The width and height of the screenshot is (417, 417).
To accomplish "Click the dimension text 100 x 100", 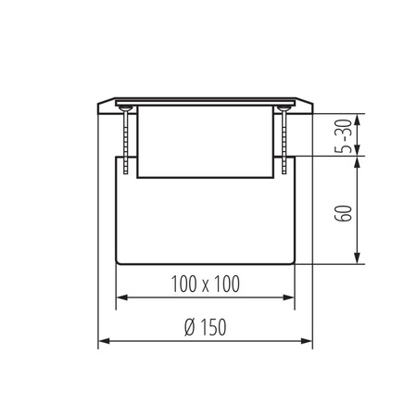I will click(x=206, y=284).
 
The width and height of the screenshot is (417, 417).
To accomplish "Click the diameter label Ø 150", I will click(x=205, y=328).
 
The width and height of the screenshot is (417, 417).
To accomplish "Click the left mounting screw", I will click(x=122, y=139).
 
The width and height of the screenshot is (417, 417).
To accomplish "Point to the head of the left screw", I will click(x=122, y=108).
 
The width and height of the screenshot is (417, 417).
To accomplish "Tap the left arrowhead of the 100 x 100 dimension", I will click(x=120, y=298).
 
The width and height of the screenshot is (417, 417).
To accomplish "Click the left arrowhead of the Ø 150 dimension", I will click(x=102, y=342).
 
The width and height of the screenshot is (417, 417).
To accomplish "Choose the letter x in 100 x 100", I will click(x=206, y=284).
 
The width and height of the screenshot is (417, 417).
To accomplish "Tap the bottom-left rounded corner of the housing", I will click(x=118, y=259).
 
